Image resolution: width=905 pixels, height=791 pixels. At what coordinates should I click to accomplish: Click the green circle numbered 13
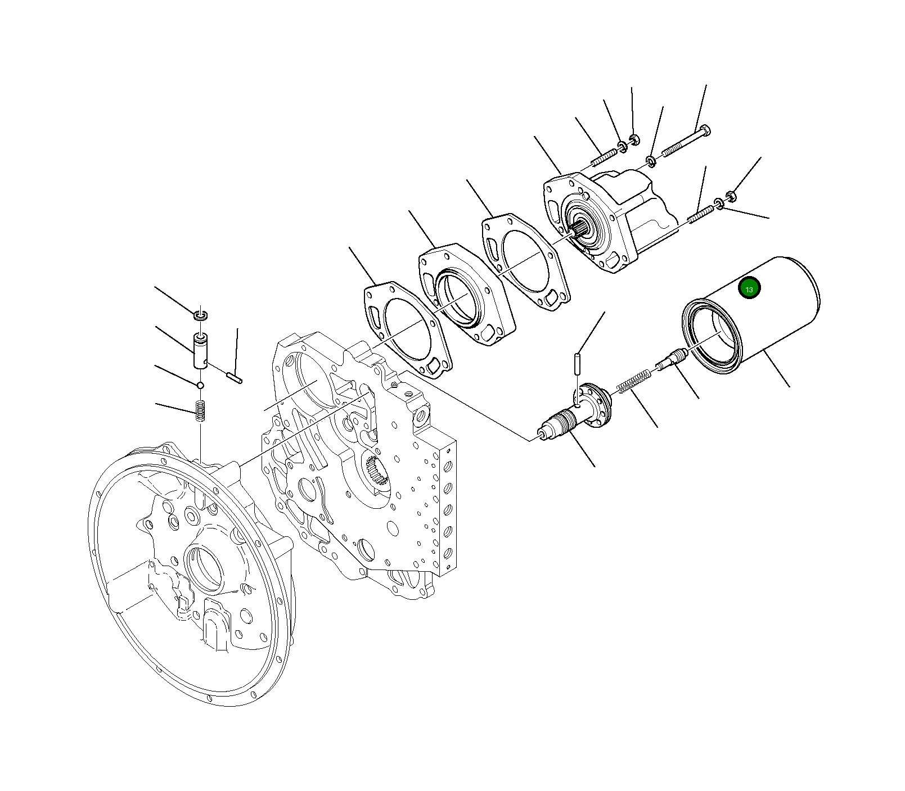click(749, 288)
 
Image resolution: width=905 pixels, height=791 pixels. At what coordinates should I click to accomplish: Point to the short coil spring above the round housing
click(200, 410)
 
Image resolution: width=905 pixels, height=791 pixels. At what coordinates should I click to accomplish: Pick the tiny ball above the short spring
click(200, 385)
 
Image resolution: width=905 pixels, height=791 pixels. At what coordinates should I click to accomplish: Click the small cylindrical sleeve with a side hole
click(200, 351)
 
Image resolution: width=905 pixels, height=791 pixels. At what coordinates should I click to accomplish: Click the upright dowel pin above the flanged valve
click(578, 363)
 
